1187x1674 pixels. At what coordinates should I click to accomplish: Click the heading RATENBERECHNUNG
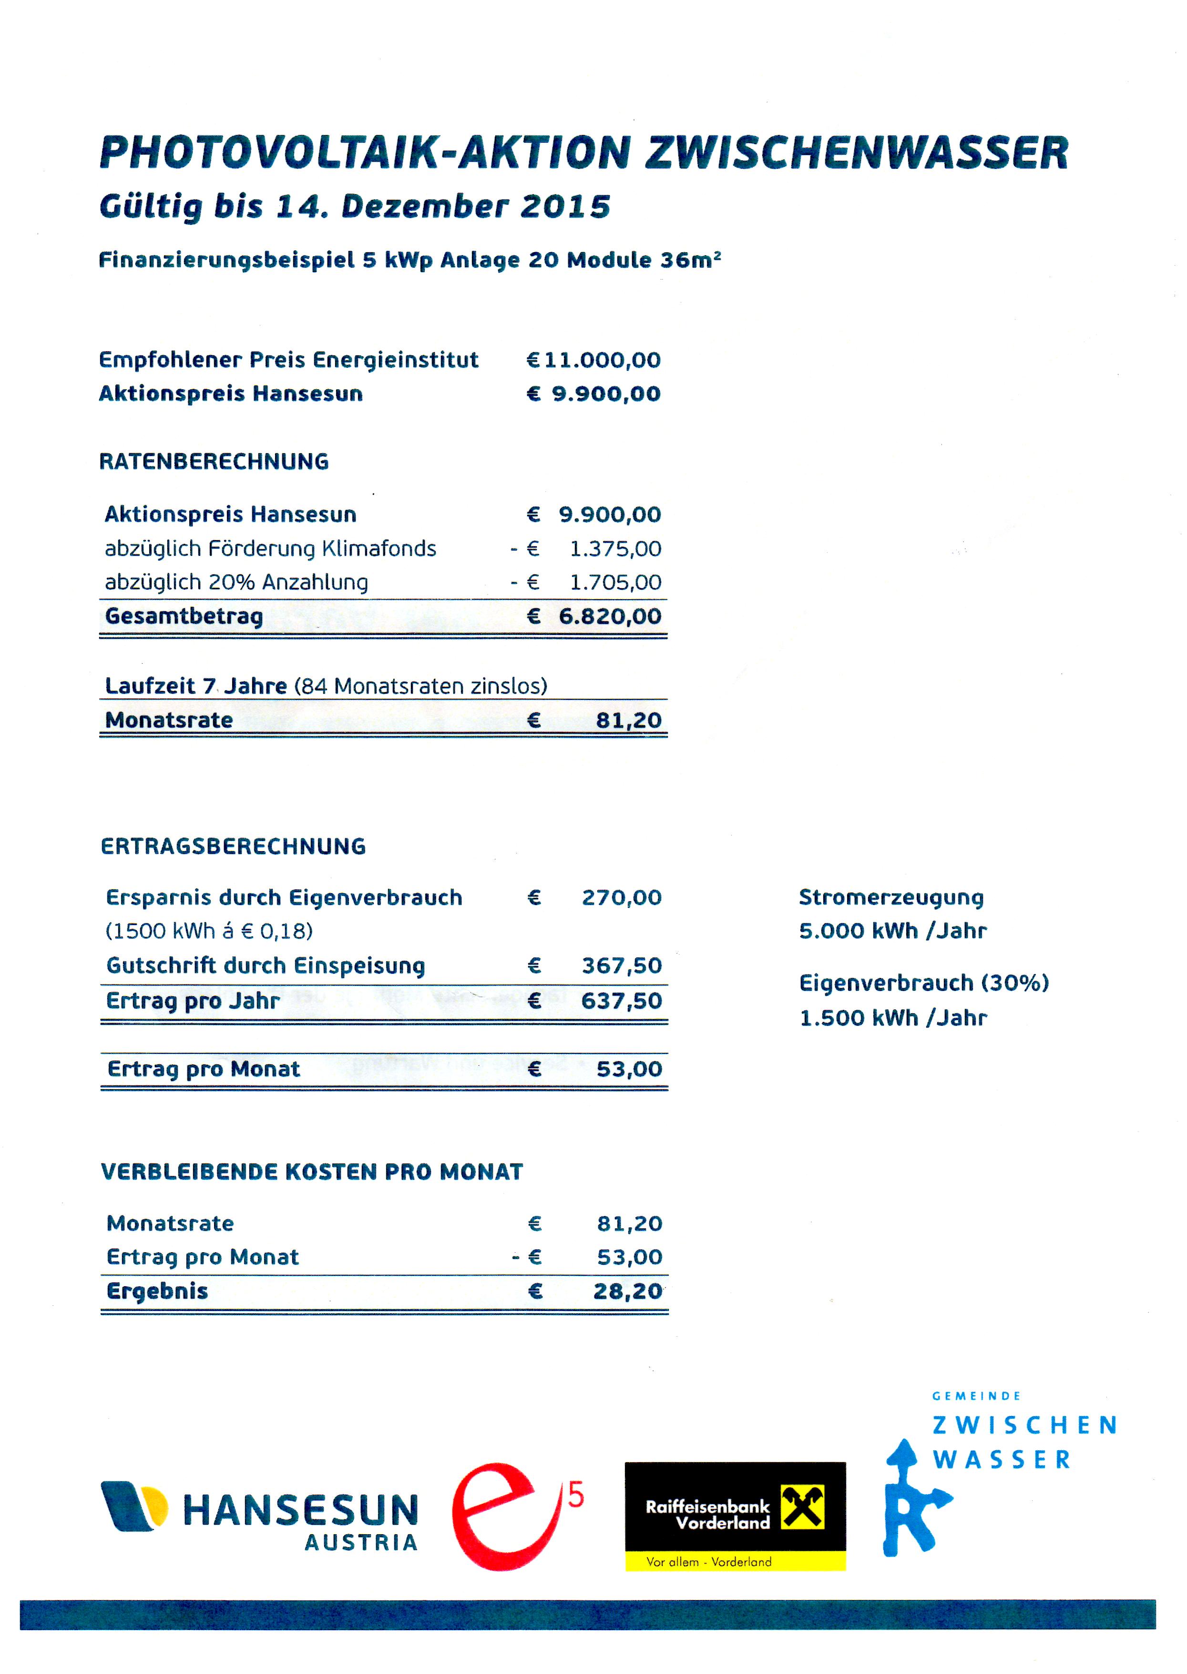(214, 461)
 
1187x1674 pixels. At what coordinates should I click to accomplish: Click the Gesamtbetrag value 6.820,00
(610, 616)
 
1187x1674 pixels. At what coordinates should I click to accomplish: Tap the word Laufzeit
(150, 686)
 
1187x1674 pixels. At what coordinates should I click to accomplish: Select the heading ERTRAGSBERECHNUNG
(233, 846)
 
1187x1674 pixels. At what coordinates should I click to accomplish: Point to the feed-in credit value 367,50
(621, 966)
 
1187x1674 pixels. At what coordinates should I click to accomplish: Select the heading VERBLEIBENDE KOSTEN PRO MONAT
(312, 1172)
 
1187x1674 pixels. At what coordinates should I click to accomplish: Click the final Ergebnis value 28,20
(627, 1291)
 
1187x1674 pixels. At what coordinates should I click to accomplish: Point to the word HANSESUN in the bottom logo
(300, 1509)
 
